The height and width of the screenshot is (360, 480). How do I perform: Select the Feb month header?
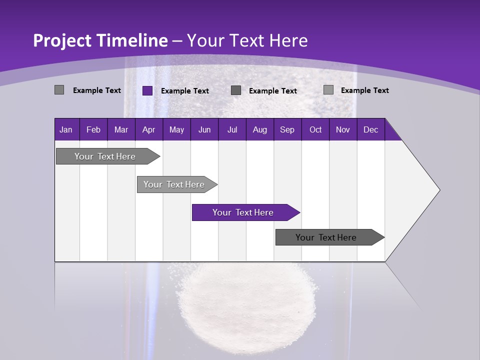[93, 129]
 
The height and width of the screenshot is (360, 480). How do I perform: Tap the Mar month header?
[121, 129]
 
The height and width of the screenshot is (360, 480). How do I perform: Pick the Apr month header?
[149, 129]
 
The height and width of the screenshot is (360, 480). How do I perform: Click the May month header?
[176, 129]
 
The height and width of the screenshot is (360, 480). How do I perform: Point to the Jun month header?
[204, 129]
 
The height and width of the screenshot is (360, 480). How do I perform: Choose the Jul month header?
[232, 129]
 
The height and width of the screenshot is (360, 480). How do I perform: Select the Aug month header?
[260, 129]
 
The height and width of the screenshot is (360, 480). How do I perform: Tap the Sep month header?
[287, 129]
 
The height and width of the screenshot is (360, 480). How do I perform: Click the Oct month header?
[315, 129]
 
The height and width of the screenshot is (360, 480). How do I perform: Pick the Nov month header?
[343, 129]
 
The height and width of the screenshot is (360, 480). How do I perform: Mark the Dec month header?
[371, 129]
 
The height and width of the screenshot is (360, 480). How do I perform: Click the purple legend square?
[147, 90]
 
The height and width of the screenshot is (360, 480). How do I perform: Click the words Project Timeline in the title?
[100, 40]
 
